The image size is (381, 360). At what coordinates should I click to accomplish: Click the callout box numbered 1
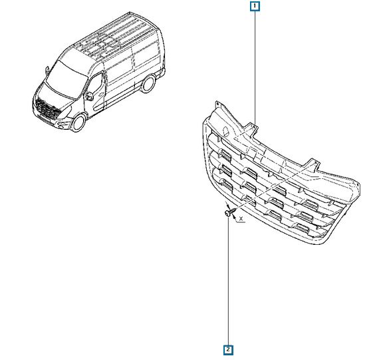tap(255, 7)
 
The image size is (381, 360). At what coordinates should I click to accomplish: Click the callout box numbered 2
tap(228, 350)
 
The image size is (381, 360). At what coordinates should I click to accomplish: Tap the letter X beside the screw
tap(241, 219)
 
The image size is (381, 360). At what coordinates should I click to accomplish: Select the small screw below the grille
tap(230, 212)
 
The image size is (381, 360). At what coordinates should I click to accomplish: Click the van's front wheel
tap(78, 123)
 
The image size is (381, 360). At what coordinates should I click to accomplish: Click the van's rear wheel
tap(148, 84)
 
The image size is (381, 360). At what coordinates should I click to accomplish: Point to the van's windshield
tap(66, 79)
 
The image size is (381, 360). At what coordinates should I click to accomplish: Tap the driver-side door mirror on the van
tap(89, 96)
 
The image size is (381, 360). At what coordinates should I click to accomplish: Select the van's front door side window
tap(95, 84)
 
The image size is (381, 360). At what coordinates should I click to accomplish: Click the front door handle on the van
tap(102, 94)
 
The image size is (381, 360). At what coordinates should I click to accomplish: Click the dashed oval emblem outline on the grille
tap(227, 130)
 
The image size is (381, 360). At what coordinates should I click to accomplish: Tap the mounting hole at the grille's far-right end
tap(358, 185)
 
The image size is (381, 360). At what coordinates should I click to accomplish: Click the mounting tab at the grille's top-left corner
tap(217, 105)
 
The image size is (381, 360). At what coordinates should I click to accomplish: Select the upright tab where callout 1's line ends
tap(253, 128)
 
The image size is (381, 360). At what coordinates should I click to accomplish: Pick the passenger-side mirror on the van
tap(47, 71)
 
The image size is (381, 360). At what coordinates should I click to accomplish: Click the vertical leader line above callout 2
tap(228, 281)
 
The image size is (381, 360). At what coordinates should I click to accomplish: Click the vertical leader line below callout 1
tap(255, 68)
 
